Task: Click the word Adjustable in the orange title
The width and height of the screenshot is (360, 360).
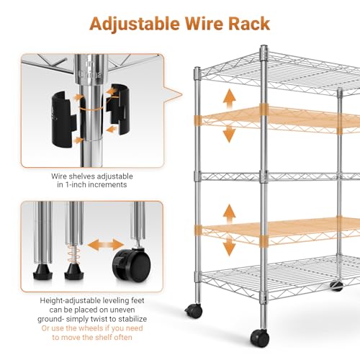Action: point(135,24)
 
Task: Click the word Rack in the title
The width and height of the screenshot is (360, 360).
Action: point(249,24)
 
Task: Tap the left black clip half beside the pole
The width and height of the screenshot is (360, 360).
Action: point(63,119)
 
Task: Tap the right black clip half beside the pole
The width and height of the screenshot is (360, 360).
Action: point(118,109)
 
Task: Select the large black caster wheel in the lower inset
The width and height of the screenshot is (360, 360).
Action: point(132,265)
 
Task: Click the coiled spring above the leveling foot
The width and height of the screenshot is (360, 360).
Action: point(73,254)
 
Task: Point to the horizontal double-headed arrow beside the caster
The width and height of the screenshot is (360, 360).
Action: point(106,245)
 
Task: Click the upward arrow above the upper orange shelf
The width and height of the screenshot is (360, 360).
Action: point(230,99)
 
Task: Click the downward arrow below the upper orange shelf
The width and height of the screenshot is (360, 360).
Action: point(230,135)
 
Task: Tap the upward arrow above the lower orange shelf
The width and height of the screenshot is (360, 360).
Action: point(230,215)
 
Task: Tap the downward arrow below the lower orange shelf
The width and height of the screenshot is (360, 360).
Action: point(230,248)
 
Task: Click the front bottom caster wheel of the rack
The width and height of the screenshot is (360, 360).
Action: point(260,338)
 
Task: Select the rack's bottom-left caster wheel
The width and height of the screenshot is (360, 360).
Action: point(194,311)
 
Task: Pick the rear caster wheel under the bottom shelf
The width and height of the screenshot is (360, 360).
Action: point(336,286)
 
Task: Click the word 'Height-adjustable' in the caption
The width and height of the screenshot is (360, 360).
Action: point(71,301)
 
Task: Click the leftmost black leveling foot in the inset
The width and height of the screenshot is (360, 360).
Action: point(42,272)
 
